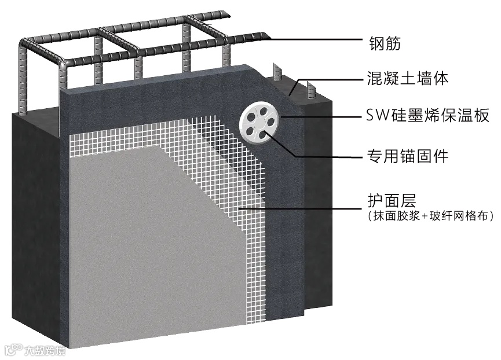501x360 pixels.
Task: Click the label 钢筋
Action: tap(385, 42)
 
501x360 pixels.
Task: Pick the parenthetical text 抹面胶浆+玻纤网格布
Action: tap(429, 216)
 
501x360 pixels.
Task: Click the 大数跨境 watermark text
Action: tap(45, 350)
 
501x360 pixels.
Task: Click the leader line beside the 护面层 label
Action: tap(301, 207)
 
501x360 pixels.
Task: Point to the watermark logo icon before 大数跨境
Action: tap(12, 350)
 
